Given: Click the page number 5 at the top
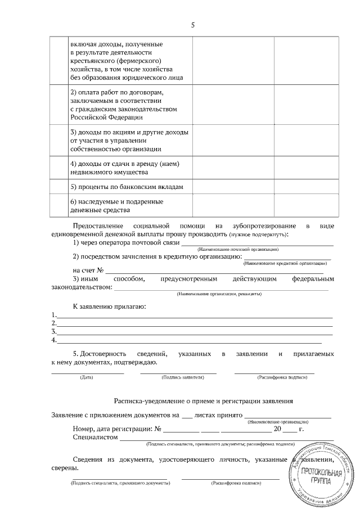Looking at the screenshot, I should tap(193, 25).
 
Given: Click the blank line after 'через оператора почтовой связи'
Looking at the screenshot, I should tap(256, 245).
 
